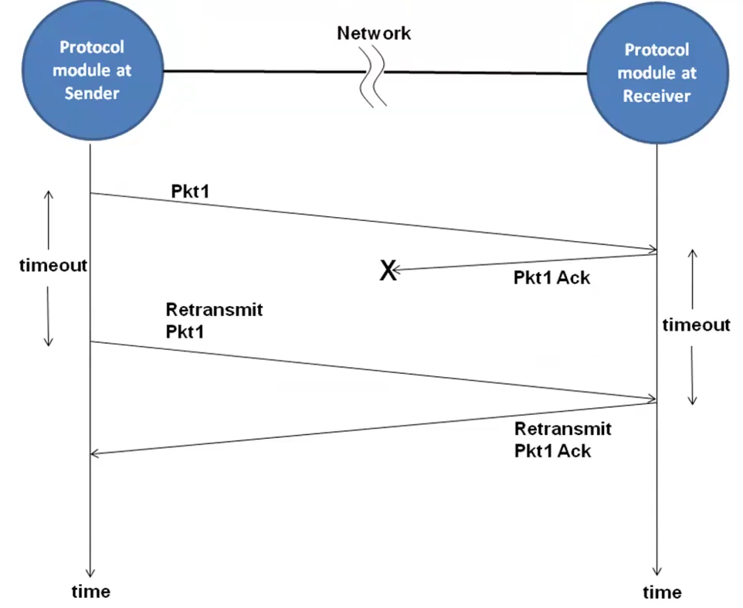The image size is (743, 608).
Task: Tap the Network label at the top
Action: click(374, 33)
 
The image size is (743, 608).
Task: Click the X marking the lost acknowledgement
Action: click(388, 270)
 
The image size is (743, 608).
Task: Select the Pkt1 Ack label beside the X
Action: click(551, 277)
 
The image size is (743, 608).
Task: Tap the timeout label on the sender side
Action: click(53, 265)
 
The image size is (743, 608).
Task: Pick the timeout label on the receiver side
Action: click(696, 324)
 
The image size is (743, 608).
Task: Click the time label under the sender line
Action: click(91, 592)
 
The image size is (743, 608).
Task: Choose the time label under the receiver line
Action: click(662, 593)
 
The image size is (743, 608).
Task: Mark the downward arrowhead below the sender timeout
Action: click(49, 341)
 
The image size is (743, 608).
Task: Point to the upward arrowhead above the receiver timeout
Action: click(693, 253)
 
